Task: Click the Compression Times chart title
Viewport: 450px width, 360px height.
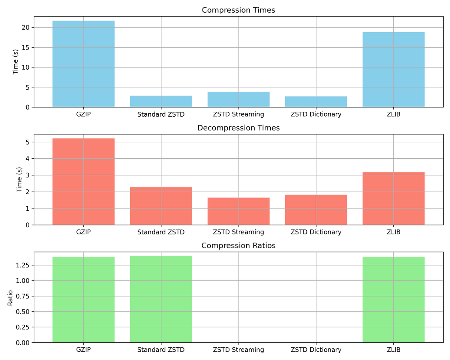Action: click(x=238, y=10)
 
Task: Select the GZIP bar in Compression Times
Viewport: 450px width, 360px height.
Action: click(x=83, y=64)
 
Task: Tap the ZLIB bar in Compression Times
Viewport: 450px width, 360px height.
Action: click(x=393, y=69)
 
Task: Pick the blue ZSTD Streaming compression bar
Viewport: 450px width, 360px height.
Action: click(x=238, y=99)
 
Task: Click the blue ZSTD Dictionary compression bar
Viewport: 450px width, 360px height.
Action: click(x=316, y=102)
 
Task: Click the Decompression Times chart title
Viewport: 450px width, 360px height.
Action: click(x=238, y=128)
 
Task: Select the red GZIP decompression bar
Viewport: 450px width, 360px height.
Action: click(x=83, y=181)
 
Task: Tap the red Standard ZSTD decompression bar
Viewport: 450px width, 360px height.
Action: click(x=161, y=206)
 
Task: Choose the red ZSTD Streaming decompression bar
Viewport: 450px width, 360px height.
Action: click(x=238, y=211)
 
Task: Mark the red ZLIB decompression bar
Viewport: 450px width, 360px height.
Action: click(x=393, y=198)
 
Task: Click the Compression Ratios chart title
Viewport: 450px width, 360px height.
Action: click(x=238, y=246)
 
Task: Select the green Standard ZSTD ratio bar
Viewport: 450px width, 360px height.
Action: click(x=161, y=299)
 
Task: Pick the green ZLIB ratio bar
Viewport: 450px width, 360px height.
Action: click(x=393, y=300)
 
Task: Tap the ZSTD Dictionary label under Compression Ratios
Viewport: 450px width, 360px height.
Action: click(x=316, y=350)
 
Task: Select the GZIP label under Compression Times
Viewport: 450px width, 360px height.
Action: click(x=83, y=114)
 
